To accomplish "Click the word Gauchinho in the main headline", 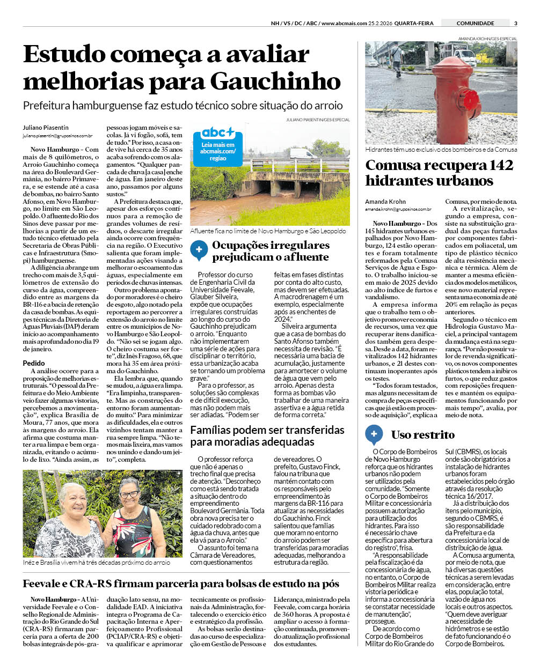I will click(x=275, y=82).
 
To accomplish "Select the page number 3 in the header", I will click(x=515, y=23).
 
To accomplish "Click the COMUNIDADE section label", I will click(x=475, y=23).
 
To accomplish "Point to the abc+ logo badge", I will click(x=217, y=132).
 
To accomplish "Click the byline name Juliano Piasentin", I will click(x=46, y=128).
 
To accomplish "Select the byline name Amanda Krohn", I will click(x=385, y=202).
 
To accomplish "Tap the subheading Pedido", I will click(x=34, y=363).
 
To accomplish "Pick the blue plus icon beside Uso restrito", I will click(x=374, y=434).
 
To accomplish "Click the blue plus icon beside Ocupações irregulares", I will click(x=199, y=249).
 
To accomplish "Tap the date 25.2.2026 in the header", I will click(x=380, y=23).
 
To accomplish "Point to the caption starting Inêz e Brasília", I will click(x=97, y=563).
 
